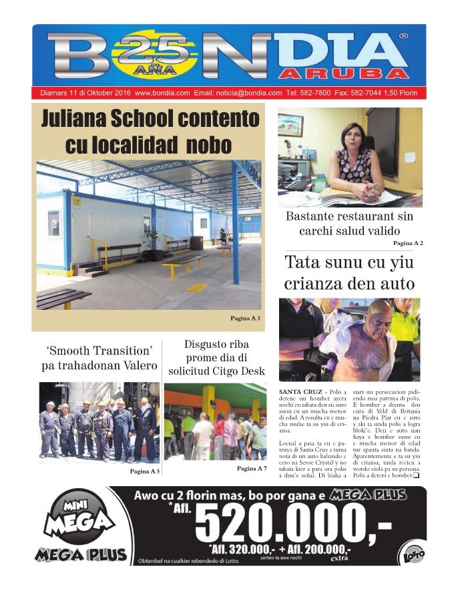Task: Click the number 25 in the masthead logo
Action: click(151, 47)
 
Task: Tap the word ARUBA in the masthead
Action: click(343, 72)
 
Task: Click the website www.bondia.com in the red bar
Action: click(162, 93)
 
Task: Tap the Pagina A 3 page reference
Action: click(244, 318)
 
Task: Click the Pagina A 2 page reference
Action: click(408, 243)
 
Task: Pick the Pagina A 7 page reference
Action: click(251, 469)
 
